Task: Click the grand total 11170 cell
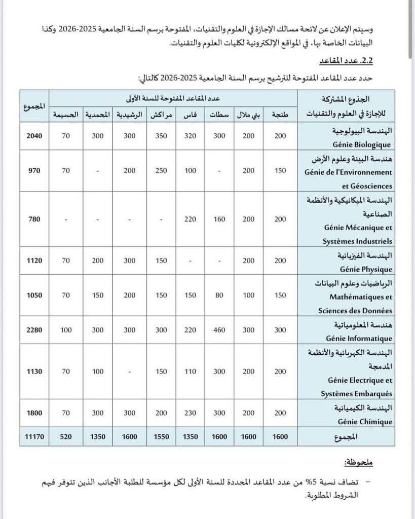(34, 436)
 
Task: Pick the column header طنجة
(280, 114)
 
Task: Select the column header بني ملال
(249, 114)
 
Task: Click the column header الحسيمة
(66, 114)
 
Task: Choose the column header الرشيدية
(130, 114)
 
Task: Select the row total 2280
(34, 330)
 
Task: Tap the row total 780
(34, 219)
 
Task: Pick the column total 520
(66, 436)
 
